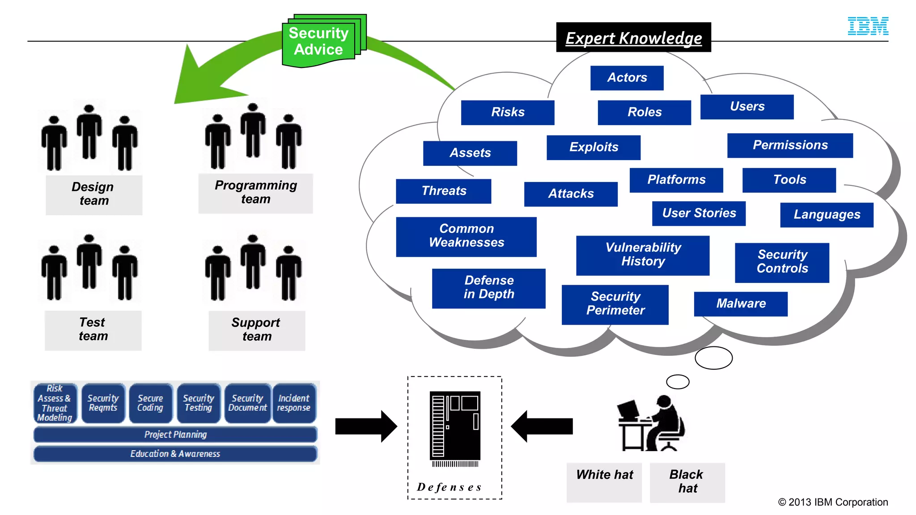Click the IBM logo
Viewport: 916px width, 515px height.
click(868, 26)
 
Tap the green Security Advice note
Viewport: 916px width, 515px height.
click(319, 42)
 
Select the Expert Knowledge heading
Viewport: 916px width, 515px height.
click(633, 38)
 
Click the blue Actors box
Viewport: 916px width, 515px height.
click(627, 78)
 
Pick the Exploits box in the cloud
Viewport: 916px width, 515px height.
click(594, 148)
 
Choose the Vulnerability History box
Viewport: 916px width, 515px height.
click(643, 255)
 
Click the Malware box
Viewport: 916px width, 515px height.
click(741, 304)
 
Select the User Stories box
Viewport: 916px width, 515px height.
click(699, 214)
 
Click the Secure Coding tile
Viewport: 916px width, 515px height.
click(150, 403)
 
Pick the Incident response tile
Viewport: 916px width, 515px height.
click(294, 403)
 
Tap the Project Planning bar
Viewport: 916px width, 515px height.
click(175, 435)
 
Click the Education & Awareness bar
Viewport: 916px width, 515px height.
click(175, 454)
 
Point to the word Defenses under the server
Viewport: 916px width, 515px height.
click(450, 487)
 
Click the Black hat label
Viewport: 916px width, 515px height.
click(687, 482)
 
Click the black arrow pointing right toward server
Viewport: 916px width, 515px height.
click(366, 426)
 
